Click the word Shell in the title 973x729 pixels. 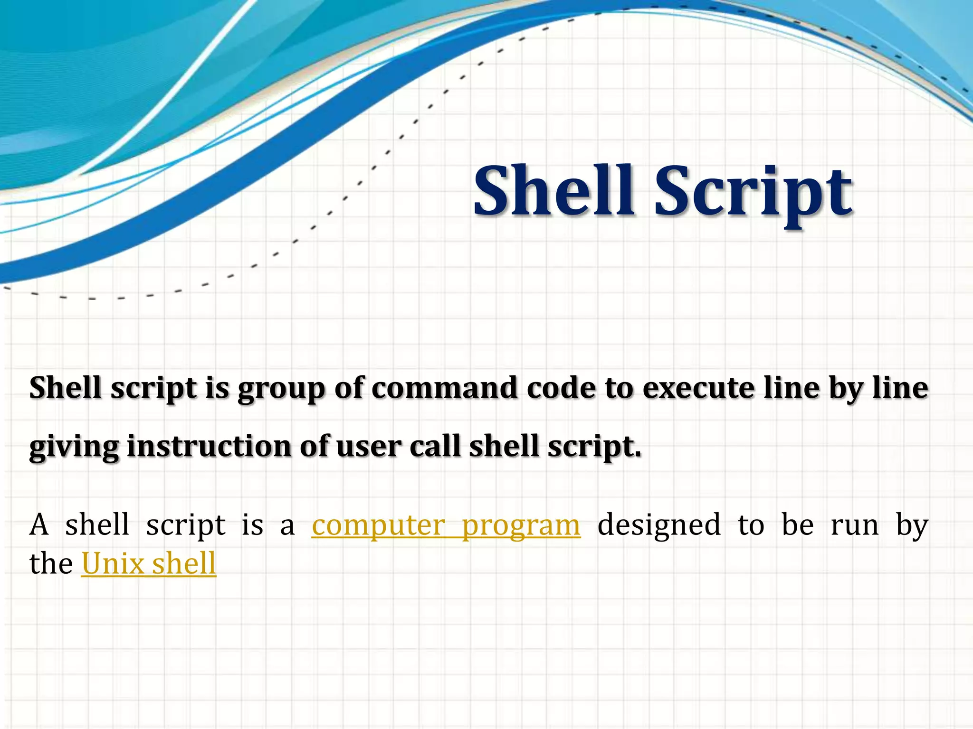point(553,190)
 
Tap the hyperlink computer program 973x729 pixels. point(446,525)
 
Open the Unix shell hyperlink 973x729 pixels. point(149,564)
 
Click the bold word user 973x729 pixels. point(369,448)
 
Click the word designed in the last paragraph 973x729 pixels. point(659,525)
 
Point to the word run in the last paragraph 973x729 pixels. point(855,526)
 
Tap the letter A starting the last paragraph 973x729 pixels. point(39,525)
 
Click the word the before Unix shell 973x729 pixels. point(51,564)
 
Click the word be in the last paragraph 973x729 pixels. point(798,525)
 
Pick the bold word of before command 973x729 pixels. point(349,388)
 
